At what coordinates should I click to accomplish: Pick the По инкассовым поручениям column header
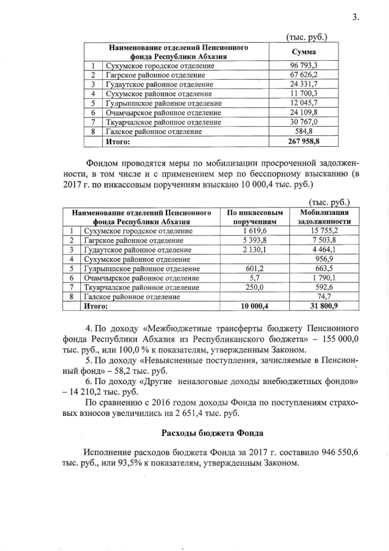pos(255,217)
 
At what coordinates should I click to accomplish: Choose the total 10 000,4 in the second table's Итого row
pos(255,306)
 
